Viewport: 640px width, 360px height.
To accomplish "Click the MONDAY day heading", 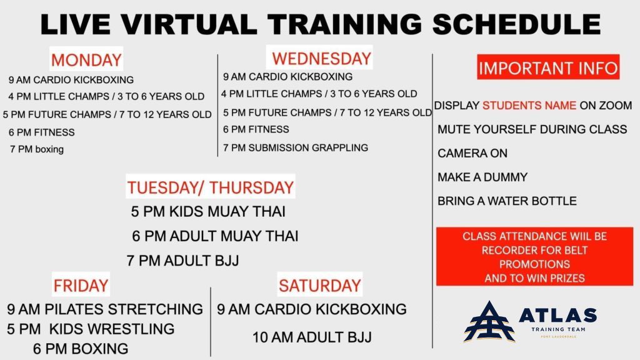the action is (86, 59).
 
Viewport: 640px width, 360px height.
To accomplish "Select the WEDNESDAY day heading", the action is (321, 58).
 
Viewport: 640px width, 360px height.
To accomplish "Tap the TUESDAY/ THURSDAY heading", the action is (211, 187).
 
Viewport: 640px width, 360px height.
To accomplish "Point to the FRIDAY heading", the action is (81, 285).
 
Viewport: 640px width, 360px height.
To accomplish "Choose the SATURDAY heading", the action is (320, 285).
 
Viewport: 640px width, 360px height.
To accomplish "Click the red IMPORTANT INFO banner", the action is (548, 67).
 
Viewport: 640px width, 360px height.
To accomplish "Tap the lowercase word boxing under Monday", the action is (49, 149).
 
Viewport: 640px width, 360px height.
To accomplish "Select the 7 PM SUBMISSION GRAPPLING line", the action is (296, 147).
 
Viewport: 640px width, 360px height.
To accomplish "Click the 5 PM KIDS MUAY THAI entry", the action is (208, 211).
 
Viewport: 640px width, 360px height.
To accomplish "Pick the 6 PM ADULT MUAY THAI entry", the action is (215, 236).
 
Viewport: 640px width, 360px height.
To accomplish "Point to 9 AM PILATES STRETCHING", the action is (105, 309).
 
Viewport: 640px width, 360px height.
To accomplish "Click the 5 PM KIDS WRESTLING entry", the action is (91, 329).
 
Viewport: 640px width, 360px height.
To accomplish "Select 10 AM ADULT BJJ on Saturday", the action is (312, 337).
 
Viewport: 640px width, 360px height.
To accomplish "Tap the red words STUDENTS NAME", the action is (529, 105).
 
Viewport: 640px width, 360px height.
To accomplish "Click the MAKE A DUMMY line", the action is (482, 177).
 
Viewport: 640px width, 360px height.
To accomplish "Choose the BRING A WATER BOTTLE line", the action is (507, 201).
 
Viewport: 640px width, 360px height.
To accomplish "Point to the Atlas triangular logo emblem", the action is (489, 322).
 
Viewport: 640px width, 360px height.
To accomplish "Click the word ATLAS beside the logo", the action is (557, 316).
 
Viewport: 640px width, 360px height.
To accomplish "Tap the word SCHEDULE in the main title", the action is (516, 24).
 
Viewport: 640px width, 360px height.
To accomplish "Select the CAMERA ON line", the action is (472, 153).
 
